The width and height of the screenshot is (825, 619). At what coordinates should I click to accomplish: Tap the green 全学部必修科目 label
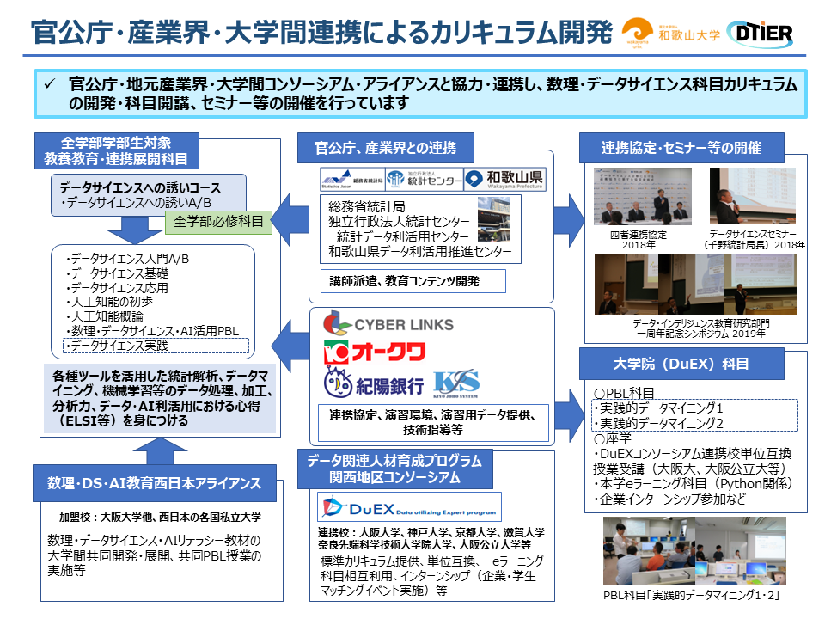218,222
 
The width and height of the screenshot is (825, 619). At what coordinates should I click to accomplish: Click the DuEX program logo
388,506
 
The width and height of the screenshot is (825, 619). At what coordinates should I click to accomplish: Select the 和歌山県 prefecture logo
504,180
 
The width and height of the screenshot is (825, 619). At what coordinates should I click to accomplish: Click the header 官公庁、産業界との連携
389,148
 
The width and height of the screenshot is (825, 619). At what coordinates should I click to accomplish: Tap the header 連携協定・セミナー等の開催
681,148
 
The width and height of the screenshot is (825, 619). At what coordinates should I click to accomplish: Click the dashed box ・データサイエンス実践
155,346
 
